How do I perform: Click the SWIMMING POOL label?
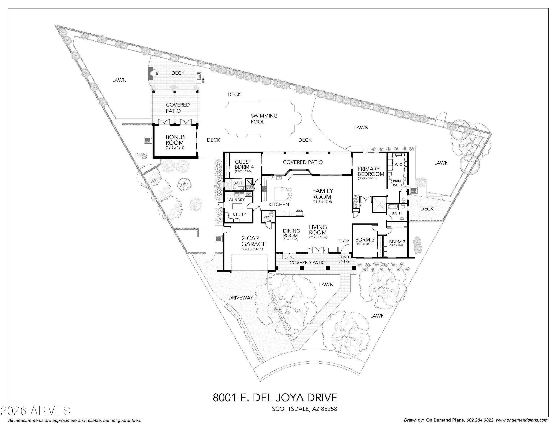pyautogui.click(x=264, y=119)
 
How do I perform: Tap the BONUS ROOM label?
pyautogui.click(x=175, y=140)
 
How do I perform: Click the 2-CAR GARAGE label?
pyautogui.click(x=250, y=241)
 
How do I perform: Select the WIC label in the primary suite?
pyautogui.click(x=398, y=165)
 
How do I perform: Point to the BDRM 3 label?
pyautogui.click(x=365, y=239)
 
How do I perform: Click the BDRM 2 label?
pyautogui.click(x=397, y=242)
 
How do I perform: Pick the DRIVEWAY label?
pyautogui.click(x=241, y=298)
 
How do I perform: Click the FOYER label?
pyautogui.click(x=343, y=241)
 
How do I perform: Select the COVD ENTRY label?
pyautogui.click(x=344, y=259)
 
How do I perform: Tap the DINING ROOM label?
pyautogui.click(x=291, y=233)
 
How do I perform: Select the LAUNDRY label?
pyautogui.click(x=236, y=200)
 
